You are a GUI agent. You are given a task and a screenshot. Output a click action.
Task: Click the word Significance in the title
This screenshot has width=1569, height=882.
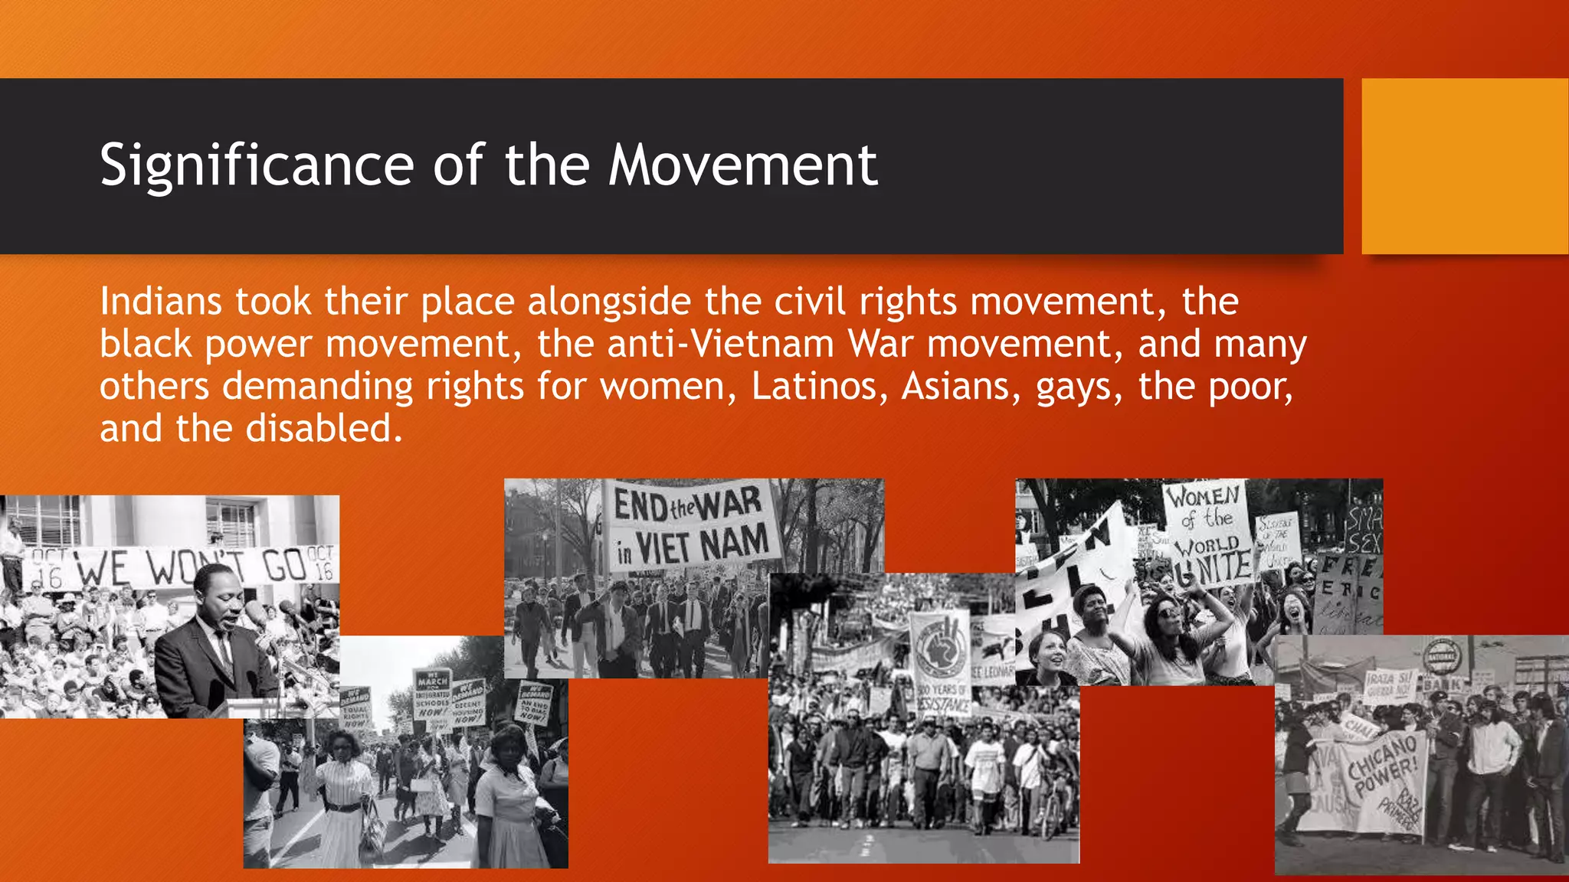coord(257,166)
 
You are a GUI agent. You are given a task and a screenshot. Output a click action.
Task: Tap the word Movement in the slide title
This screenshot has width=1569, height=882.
coord(742,166)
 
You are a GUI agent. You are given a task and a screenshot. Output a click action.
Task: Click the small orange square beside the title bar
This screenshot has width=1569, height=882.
coord(1464,166)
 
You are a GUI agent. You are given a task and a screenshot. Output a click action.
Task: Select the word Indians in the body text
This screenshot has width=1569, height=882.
coord(161,302)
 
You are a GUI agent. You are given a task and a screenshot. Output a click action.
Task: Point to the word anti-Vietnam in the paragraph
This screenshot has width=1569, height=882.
coord(720,344)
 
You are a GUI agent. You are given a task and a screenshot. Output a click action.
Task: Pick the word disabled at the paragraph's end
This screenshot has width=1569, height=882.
coord(323,428)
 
